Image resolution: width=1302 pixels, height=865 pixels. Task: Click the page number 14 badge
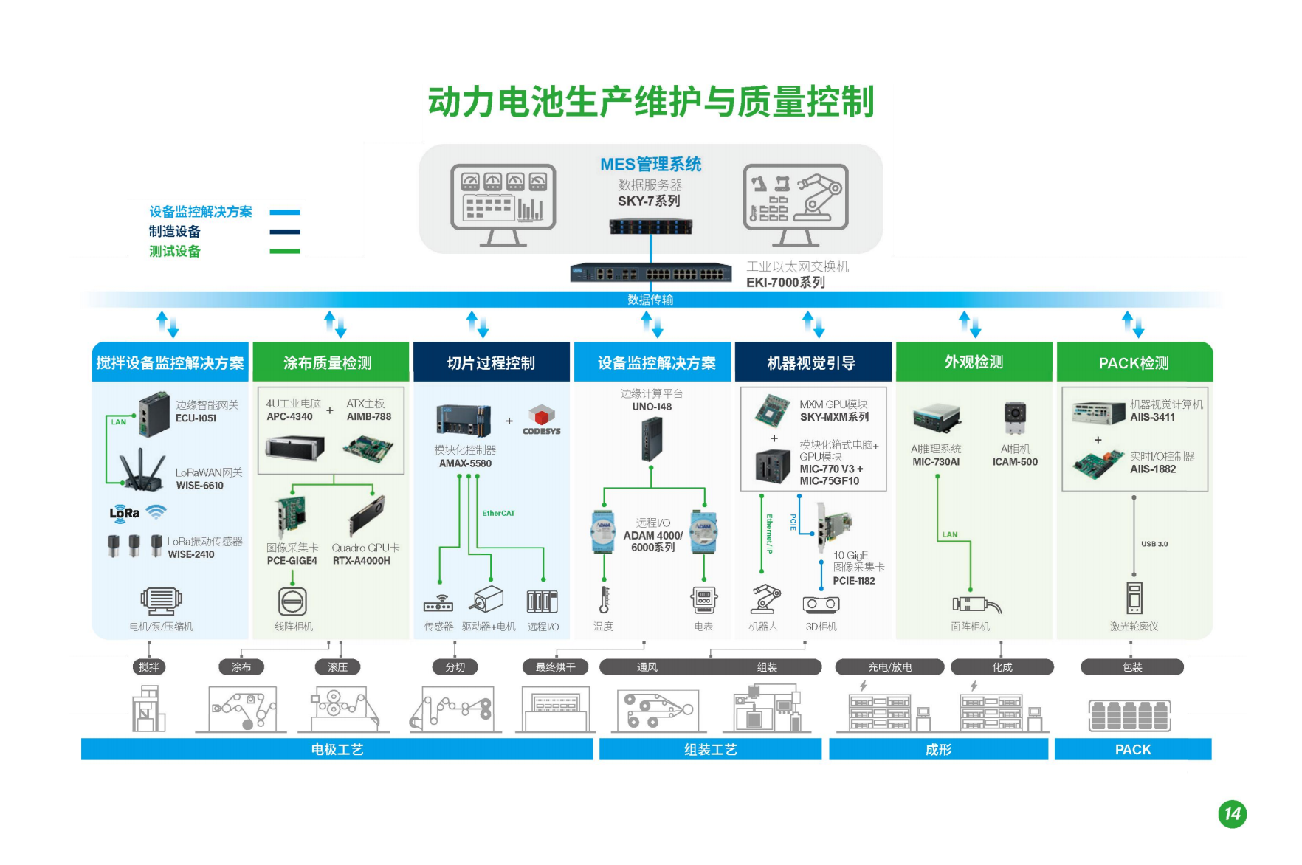[1232, 814]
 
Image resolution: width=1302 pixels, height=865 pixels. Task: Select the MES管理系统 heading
[650, 165]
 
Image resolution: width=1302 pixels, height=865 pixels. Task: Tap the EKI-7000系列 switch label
[785, 283]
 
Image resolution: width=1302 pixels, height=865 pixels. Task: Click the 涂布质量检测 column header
[328, 362]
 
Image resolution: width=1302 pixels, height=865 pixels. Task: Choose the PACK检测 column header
[1134, 362]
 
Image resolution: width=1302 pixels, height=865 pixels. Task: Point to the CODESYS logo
[541, 421]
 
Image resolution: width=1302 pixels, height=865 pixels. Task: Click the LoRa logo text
[125, 513]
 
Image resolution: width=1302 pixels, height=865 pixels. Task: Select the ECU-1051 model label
[196, 418]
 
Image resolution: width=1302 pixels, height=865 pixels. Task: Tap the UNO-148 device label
[652, 407]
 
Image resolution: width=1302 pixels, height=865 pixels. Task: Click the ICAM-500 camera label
[1015, 462]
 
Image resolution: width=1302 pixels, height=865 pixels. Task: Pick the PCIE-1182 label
[854, 581]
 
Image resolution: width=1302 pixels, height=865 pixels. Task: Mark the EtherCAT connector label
[499, 513]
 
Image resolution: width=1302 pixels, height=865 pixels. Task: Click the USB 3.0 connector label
[1154, 544]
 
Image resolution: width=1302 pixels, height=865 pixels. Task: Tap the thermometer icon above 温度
[604, 599]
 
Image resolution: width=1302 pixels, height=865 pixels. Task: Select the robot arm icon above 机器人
[764, 599]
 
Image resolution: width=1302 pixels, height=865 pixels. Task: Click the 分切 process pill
[455, 667]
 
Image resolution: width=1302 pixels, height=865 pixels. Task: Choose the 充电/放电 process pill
[889, 667]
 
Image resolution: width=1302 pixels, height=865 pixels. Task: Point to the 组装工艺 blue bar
[710, 750]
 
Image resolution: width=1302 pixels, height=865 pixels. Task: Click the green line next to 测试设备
[285, 252]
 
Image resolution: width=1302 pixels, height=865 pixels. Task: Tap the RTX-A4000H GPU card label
[361, 561]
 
